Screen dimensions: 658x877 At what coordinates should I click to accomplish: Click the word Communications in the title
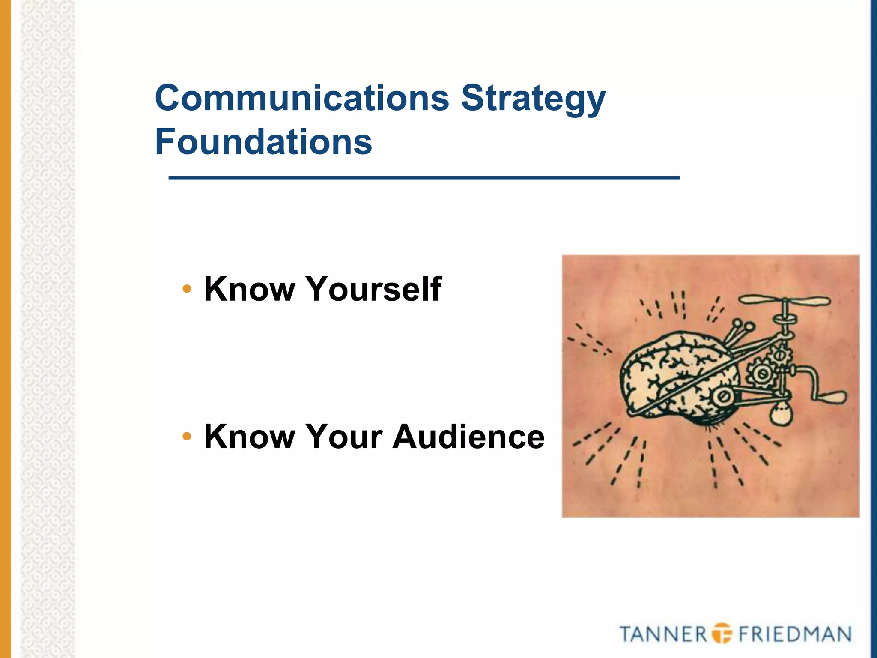click(x=302, y=98)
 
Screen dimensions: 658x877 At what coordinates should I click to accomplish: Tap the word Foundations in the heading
click(x=263, y=142)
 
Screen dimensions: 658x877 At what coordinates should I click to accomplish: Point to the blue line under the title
click(x=424, y=178)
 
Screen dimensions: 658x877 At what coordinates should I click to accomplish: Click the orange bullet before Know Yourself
click(x=187, y=289)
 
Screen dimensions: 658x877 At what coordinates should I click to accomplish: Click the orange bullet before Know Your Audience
click(x=187, y=437)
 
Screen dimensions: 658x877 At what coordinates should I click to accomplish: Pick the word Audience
click(x=468, y=437)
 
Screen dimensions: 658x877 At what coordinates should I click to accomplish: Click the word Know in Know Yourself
click(x=250, y=289)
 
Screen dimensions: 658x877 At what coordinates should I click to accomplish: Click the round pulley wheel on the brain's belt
click(x=723, y=397)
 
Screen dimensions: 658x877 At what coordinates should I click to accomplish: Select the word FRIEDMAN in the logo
click(x=795, y=634)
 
